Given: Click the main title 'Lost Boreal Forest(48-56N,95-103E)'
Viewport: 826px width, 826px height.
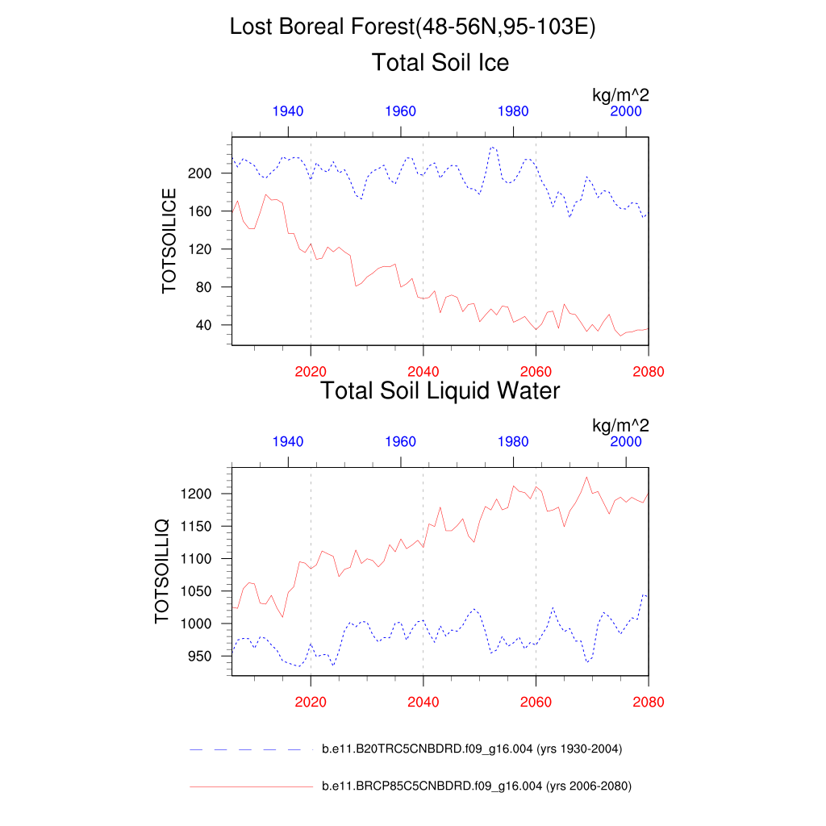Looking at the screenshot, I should [x=412, y=27].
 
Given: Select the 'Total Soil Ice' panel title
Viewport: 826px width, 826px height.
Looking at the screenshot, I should [x=440, y=62].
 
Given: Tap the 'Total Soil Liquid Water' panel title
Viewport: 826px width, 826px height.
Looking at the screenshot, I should [x=440, y=391].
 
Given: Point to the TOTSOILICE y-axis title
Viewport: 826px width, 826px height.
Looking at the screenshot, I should [x=169, y=240].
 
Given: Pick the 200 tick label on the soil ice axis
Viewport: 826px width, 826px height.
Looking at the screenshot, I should [x=200, y=173].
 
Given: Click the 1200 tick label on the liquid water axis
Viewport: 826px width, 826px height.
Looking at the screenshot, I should [x=197, y=494].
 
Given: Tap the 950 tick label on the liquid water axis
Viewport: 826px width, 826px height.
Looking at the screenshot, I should [x=200, y=657].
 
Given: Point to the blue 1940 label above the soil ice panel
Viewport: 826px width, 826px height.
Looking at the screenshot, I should [x=288, y=111].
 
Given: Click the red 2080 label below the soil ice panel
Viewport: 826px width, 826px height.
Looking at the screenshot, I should [x=649, y=372].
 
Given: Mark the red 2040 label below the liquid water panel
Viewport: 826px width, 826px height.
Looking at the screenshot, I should [x=423, y=702].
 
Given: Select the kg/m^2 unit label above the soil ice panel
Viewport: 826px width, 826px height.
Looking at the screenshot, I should [x=621, y=95].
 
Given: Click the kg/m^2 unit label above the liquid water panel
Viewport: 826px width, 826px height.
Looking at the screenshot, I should [x=621, y=425].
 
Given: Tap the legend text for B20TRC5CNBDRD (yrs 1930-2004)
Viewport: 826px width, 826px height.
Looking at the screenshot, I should [x=472, y=749].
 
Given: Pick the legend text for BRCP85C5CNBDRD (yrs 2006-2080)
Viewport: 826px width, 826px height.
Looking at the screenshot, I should [x=476, y=786].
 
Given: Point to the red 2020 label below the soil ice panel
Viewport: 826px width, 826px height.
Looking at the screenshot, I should [x=311, y=372].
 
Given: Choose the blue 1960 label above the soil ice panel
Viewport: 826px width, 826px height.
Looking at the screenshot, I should [x=401, y=111].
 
